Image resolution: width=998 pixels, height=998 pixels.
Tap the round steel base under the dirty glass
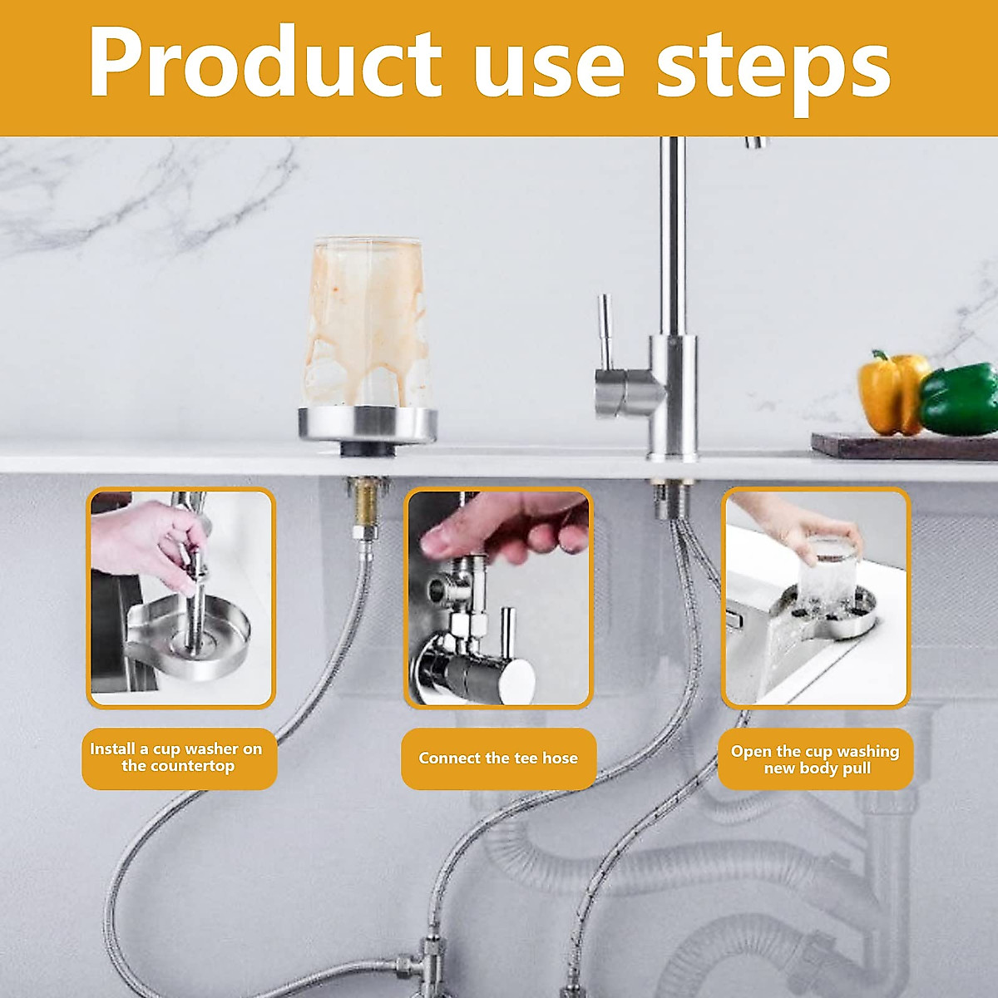[368, 424]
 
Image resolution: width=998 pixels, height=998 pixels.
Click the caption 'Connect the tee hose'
[498, 758]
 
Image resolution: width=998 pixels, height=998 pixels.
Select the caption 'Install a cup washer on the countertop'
[177, 758]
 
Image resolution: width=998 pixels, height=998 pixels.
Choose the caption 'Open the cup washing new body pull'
[816, 759]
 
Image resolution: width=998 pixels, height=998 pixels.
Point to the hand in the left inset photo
[146, 541]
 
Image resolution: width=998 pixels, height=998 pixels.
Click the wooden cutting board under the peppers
[902, 447]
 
